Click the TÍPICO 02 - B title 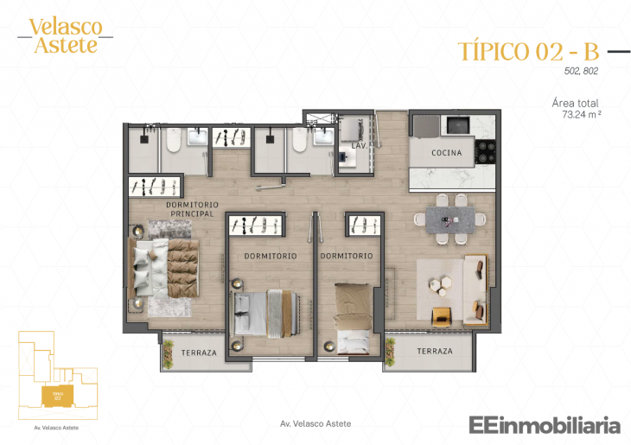coord(527,51)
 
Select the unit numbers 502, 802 coord(581,72)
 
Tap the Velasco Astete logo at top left coord(65,35)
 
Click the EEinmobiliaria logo coord(545,424)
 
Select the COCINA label coord(447,153)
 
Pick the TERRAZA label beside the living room coord(434,352)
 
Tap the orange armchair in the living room coord(441,317)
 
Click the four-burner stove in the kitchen coord(487,152)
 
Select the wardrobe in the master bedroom coord(156,186)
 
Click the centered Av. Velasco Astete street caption coord(315,423)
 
